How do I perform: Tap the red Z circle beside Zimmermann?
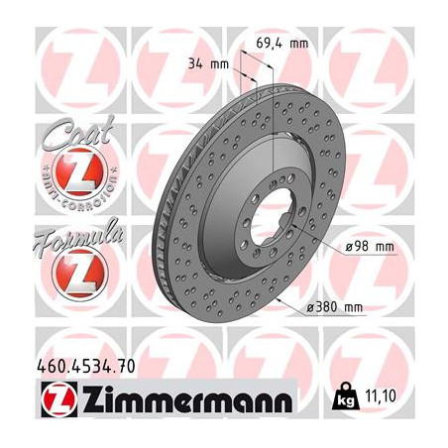click(51, 400)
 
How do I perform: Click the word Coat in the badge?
click(66, 134)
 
